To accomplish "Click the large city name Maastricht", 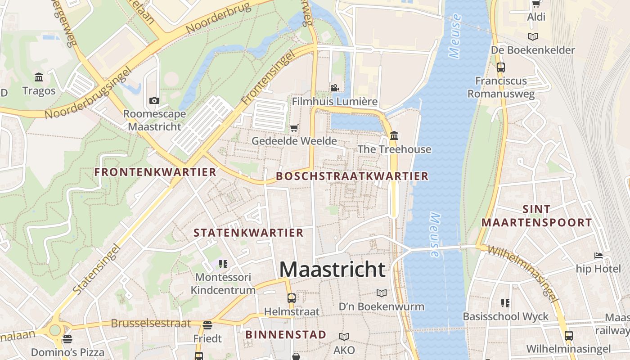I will point(332,269).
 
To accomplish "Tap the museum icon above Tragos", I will point(39,77).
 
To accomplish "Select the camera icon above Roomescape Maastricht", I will point(154,100).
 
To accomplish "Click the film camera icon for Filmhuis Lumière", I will point(334,88).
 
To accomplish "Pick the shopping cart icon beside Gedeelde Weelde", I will point(294,128).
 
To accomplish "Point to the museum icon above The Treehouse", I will point(394,135).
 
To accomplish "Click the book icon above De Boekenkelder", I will point(533,36).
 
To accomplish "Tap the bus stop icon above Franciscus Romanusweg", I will point(500,67).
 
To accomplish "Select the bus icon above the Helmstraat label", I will point(292,298).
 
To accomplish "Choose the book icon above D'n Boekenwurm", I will point(382,293).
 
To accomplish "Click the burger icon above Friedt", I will point(207,325).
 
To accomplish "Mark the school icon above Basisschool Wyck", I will point(505,303).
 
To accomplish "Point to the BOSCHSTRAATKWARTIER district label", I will point(352,176).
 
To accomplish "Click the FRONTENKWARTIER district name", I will point(155,172).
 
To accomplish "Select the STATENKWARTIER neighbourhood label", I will point(248,233).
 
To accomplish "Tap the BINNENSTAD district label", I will point(286,335).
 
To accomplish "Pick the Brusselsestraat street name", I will point(151,324).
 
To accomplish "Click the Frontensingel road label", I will point(268,78).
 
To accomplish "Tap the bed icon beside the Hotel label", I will point(598,256).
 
